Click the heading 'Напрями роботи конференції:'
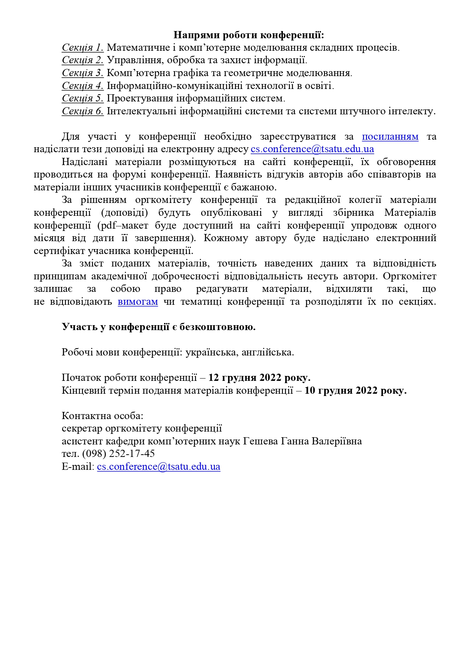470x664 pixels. click(x=249, y=35)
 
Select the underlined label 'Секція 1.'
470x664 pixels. click(x=83, y=48)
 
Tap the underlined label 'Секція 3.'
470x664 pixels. click(x=83, y=73)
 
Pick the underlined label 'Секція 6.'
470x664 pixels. click(x=83, y=111)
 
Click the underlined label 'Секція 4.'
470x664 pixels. click(x=83, y=86)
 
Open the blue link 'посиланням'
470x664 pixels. click(x=390, y=137)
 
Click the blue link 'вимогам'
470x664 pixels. click(x=138, y=302)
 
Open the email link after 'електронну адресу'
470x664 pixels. click(x=312, y=149)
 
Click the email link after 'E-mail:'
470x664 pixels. click(x=158, y=467)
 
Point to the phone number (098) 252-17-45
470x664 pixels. click(x=118, y=454)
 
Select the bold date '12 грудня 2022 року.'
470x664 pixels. click(x=259, y=378)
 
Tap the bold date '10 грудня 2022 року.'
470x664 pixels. click(x=355, y=390)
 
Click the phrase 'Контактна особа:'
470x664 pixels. click(x=102, y=416)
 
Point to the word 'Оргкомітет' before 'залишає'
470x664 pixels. click(x=409, y=276)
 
